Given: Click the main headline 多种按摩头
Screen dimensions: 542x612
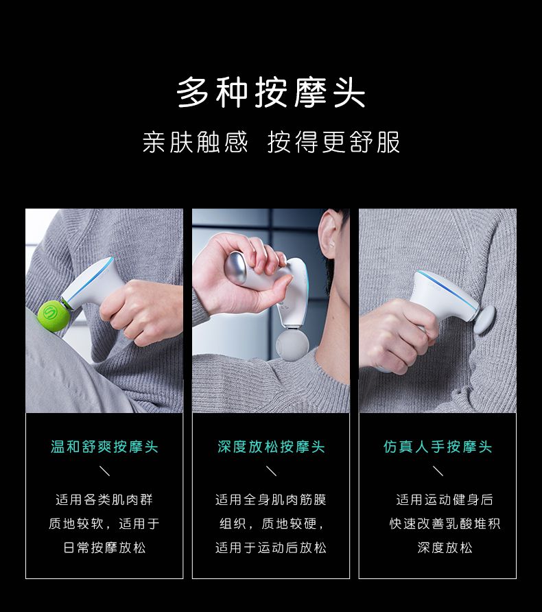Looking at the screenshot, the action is click(271, 93).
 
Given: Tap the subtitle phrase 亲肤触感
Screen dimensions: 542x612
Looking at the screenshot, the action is click(195, 142).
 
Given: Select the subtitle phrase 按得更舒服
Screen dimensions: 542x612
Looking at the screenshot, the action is click(333, 142).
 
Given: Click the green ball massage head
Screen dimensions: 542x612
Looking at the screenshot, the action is click(54, 316).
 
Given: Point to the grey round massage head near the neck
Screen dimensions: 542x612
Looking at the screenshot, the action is click(292, 345).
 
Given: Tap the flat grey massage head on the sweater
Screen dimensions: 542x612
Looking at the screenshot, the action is click(484, 320).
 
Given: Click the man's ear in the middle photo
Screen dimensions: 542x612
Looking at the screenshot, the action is click(327, 234).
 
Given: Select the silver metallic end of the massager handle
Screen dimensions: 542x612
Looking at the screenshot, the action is click(235, 268).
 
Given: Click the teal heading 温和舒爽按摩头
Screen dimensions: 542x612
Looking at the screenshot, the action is click(104, 447).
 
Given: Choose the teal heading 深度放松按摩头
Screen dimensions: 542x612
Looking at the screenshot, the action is click(271, 447).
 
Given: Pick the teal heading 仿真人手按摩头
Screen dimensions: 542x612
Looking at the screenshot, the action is click(438, 447).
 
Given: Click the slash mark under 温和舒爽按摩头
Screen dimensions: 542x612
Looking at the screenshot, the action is click(104, 471).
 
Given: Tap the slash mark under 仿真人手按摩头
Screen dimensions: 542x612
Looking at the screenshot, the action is click(438, 471).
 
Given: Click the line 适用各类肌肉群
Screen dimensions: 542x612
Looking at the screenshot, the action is click(104, 499).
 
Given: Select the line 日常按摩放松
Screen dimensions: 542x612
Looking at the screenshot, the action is click(104, 548).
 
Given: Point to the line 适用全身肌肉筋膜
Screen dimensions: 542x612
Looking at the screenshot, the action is click(271, 499).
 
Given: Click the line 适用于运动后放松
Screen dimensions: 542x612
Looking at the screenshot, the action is click(271, 548).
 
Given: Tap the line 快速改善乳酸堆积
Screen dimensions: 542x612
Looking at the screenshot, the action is click(445, 523).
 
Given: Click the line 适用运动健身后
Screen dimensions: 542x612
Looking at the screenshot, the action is click(445, 499).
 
